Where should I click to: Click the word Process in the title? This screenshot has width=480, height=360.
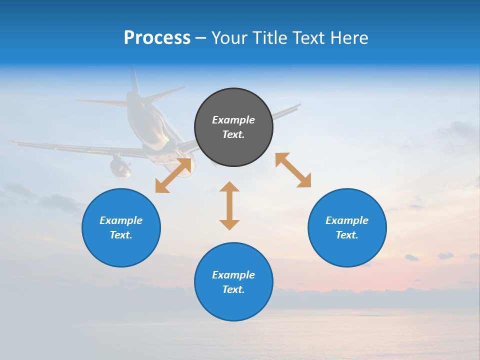(157, 38)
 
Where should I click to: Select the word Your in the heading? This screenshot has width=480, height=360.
(228, 38)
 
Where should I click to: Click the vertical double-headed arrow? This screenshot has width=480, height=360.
(229, 205)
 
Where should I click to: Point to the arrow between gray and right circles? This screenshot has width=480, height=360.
(293, 170)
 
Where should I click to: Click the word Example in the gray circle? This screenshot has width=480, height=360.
(233, 120)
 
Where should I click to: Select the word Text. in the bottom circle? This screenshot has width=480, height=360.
(233, 289)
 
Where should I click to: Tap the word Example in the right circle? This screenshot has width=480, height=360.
(347, 220)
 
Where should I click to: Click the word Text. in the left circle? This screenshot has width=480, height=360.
(121, 235)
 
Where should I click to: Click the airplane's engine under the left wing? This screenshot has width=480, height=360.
(120, 167)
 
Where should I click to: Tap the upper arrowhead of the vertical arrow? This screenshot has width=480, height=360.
(229, 187)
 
